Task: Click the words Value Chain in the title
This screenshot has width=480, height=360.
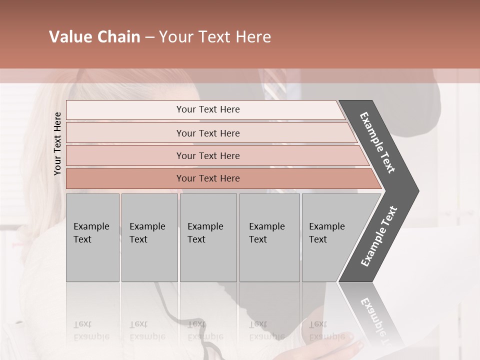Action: (94, 37)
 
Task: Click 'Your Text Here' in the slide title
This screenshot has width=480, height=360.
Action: (215, 37)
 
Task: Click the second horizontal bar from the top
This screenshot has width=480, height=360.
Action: (208, 133)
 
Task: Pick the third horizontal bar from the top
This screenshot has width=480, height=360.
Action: (208, 155)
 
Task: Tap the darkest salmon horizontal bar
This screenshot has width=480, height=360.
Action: (208, 178)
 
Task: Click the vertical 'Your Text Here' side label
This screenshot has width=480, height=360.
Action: (57, 143)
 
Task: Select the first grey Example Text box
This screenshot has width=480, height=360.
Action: (92, 237)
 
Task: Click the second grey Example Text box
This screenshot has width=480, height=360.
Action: (149, 237)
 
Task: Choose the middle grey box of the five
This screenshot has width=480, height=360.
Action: (208, 237)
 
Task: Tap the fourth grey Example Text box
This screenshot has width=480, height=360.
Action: (269, 237)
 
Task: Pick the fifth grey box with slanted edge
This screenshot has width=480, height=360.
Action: (330, 237)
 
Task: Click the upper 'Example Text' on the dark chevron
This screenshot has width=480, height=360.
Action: (378, 142)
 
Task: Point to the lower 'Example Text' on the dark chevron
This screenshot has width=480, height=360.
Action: (379, 236)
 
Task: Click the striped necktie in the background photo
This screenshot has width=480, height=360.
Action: (274, 90)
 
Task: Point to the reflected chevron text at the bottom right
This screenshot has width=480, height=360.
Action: (376, 320)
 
